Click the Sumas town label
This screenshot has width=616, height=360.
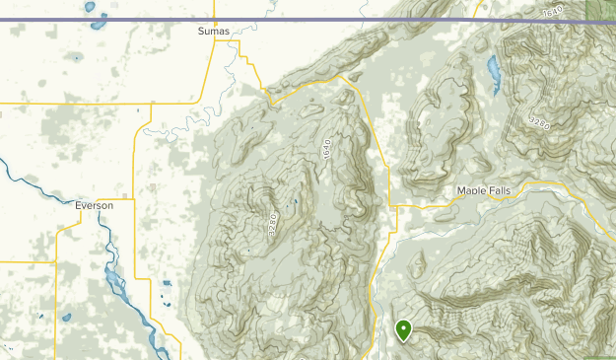click(x=213, y=32)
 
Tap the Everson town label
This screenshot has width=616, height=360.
click(x=95, y=205)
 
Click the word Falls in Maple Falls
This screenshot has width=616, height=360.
click(x=500, y=190)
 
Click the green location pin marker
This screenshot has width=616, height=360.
click(x=403, y=330)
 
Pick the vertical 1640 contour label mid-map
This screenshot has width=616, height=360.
click(x=324, y=150)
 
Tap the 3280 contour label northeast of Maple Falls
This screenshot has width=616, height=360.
click(x=538, y=122)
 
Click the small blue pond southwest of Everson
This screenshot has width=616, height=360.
click(x=67, y=318)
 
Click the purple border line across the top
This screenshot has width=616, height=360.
click(x=296, y=20)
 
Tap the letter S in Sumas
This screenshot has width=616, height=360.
click(x=200, y=32)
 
